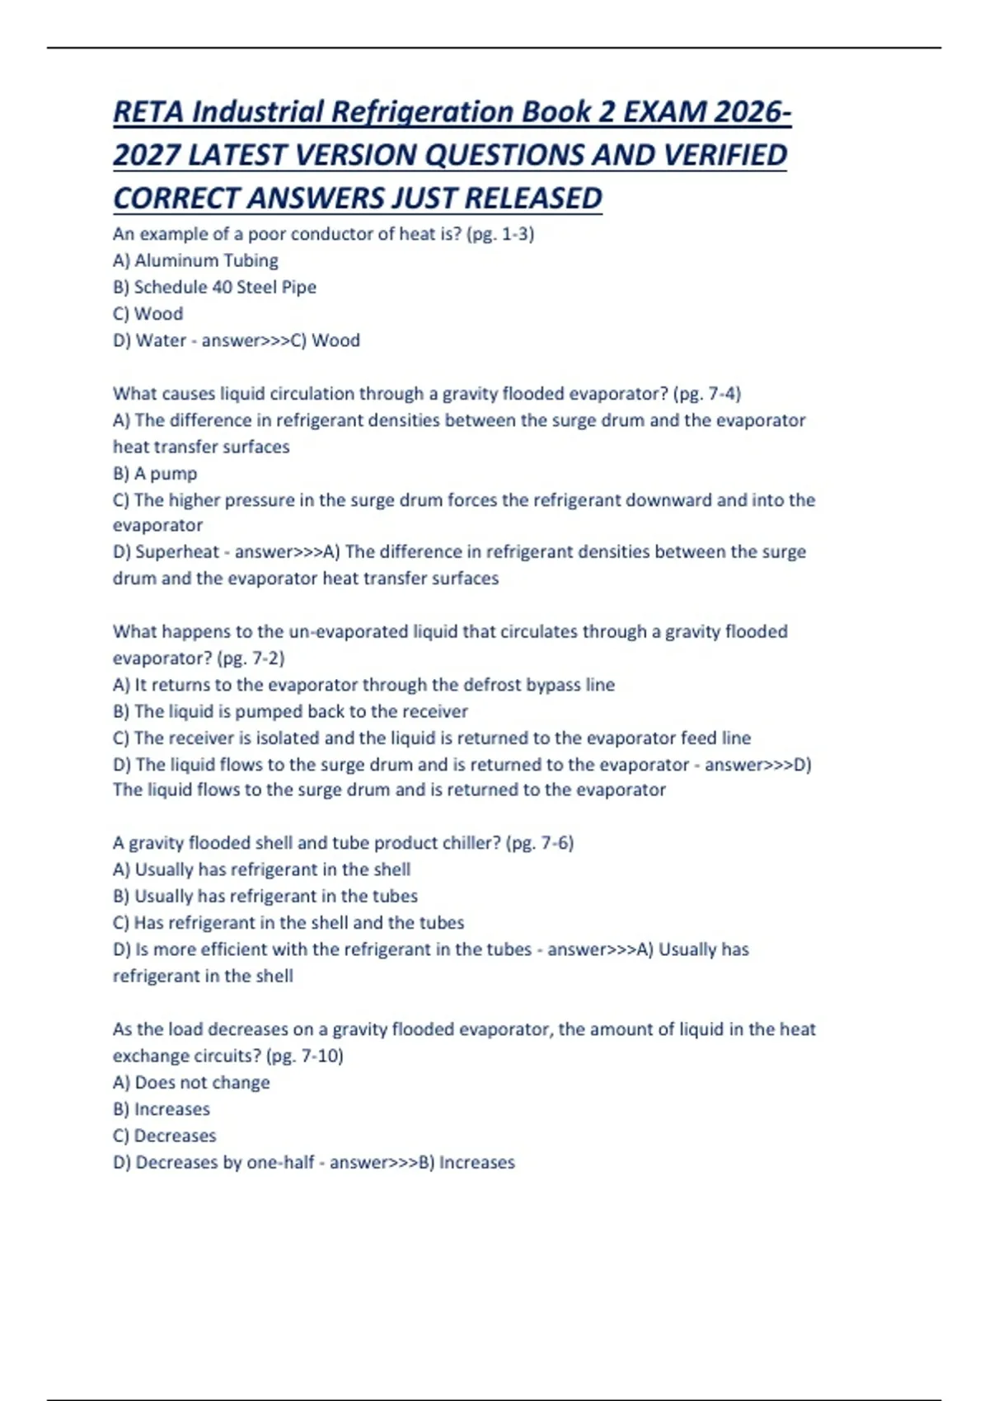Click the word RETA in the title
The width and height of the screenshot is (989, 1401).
coord(148,112)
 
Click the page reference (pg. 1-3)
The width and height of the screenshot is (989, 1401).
coord(500,234)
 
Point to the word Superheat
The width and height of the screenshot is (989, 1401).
coord(178,552)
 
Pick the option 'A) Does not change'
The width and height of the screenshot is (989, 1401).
coord(191,1083)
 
